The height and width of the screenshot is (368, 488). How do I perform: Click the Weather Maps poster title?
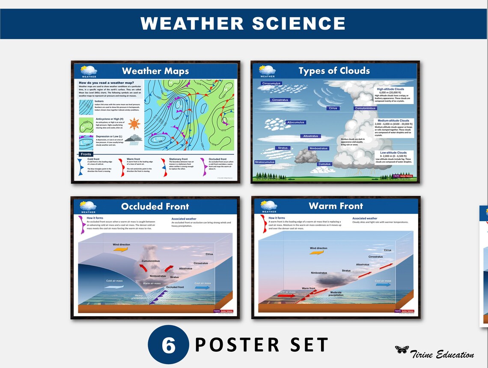(x=155, y=71)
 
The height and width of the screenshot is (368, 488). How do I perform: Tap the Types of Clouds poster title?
(x=334, y=71)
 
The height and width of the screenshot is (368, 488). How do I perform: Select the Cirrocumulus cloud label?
(x=271, y=83)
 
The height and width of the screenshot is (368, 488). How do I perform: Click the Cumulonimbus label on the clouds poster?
(x=365, y=108)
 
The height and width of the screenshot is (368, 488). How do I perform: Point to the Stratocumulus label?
(x=265, y=162)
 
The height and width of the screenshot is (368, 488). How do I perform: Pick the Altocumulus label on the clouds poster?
(x=295, y=122)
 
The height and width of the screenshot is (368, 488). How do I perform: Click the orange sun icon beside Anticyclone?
(x=134, y=124)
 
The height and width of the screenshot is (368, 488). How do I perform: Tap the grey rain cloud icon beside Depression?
(x=136, y=139)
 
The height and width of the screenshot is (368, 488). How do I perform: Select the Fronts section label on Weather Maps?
(x=86, y=154)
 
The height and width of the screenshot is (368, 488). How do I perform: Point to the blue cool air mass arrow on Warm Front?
(x=384, y=285)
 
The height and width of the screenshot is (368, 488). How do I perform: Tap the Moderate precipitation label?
(x=336, y=293)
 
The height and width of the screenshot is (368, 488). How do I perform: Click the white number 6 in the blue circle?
(x=169, y=345)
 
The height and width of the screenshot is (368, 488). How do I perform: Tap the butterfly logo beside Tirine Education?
(x=402, y=350)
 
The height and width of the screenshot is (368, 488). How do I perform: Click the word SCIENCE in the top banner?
(x=299, y=24)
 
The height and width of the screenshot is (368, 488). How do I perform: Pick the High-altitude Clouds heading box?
(x=390, y=89)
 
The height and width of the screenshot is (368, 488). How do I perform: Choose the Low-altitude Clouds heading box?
(x=393, y=153)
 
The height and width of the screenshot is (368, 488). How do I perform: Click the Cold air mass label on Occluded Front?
(x=114, y=281)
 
